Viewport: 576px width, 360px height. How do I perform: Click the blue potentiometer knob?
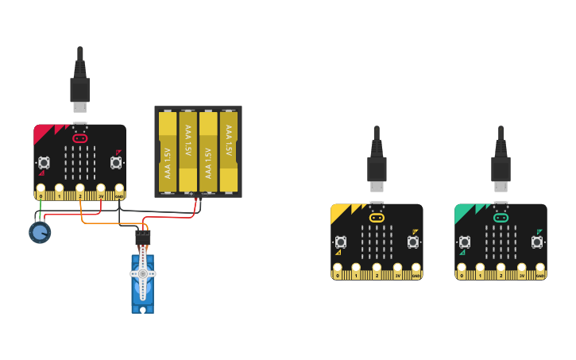coord(40,232)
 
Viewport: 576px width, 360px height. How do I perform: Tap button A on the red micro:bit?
coord(44,163)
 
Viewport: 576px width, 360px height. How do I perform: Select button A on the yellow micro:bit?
coord(341,242)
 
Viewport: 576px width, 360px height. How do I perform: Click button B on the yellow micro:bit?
coord(413,242)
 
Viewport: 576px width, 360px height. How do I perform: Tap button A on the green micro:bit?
coord(465,242)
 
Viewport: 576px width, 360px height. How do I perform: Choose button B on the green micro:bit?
coord(537,242)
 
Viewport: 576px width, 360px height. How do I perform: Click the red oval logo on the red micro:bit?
coord(79,138)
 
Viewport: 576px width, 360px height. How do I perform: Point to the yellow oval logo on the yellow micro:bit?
coord(377,217)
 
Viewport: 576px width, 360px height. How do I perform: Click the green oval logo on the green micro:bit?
coord(501,217)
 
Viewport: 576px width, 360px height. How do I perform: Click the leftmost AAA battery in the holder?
coord(167,152)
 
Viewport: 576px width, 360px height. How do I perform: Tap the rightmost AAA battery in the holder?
coord(229,152)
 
